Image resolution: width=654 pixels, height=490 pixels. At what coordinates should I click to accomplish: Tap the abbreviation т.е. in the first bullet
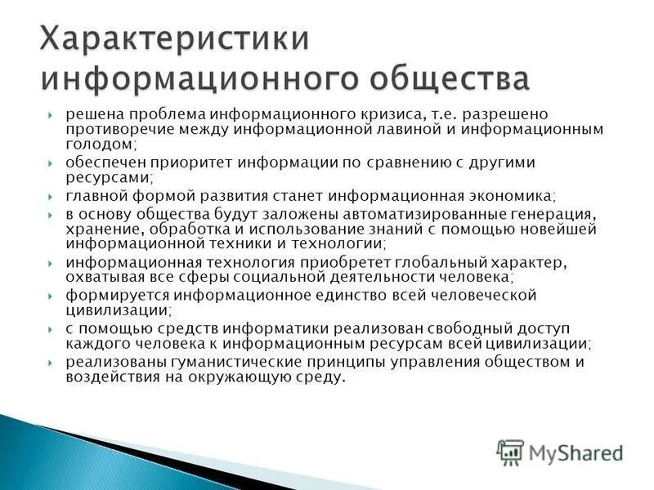(472, 114)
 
